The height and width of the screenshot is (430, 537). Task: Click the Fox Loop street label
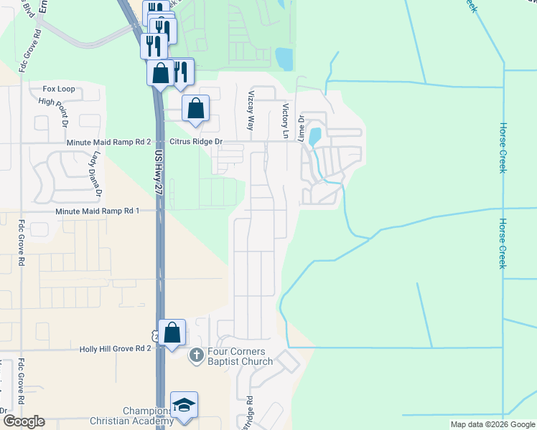[x=59, y=89]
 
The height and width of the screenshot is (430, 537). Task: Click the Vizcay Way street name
[x=251, y=110]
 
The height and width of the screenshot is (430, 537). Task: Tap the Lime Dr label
[x=302, y=126]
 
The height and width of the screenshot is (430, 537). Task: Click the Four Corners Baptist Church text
[x=238, y=356]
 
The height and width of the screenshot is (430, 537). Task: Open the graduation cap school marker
[x=184, y=405]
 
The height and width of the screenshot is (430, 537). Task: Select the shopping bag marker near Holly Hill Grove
[x=172, y=333]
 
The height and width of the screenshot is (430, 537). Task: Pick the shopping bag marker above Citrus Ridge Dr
[x=195, y=109]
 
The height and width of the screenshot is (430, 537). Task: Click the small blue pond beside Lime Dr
[x=314, y=136]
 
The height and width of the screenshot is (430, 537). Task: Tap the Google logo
[x=23, y=421]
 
